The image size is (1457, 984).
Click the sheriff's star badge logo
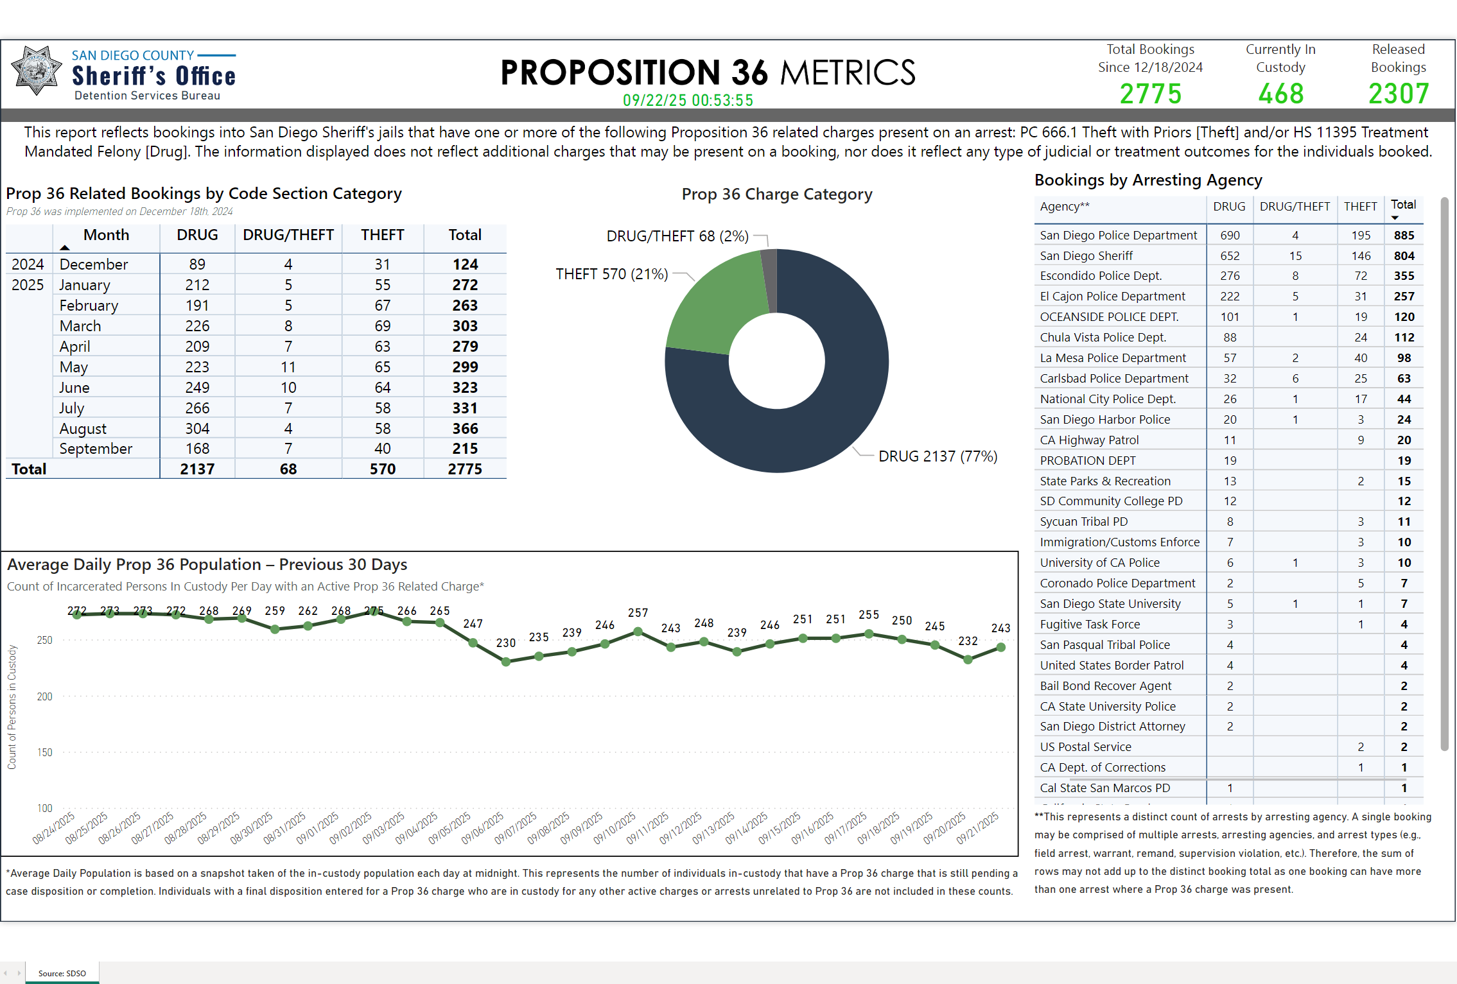click(x=37, y=71)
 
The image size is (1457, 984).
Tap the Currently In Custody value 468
click(x=1280, y=94)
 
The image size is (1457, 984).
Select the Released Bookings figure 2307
click(x=1399, y=94)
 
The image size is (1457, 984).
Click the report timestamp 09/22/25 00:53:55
click(x=688, y=100)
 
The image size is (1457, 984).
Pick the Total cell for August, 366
click(x=465, y=428)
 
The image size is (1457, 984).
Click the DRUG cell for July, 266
click(x=197, y=408)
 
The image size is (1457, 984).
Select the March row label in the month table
click(x=80, y=325)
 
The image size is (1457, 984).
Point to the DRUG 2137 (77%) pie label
click(x=938, y=456)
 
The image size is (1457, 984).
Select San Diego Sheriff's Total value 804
click(x=1404, y=255)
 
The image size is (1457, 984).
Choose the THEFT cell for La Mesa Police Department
click(x=1360, y=358)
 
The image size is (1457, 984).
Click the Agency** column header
click(x=1065, y=206)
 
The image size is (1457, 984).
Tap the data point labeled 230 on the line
click(x=506, y=662)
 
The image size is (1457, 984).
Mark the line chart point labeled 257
click(x=638, y=632)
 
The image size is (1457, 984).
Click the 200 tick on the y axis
click(x=44, y=696)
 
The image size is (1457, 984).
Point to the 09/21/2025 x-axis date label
click(x=977, y=828)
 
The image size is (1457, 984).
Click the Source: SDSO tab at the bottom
click(x=62, y=973)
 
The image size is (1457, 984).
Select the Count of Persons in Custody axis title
click(x=12, y=707)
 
